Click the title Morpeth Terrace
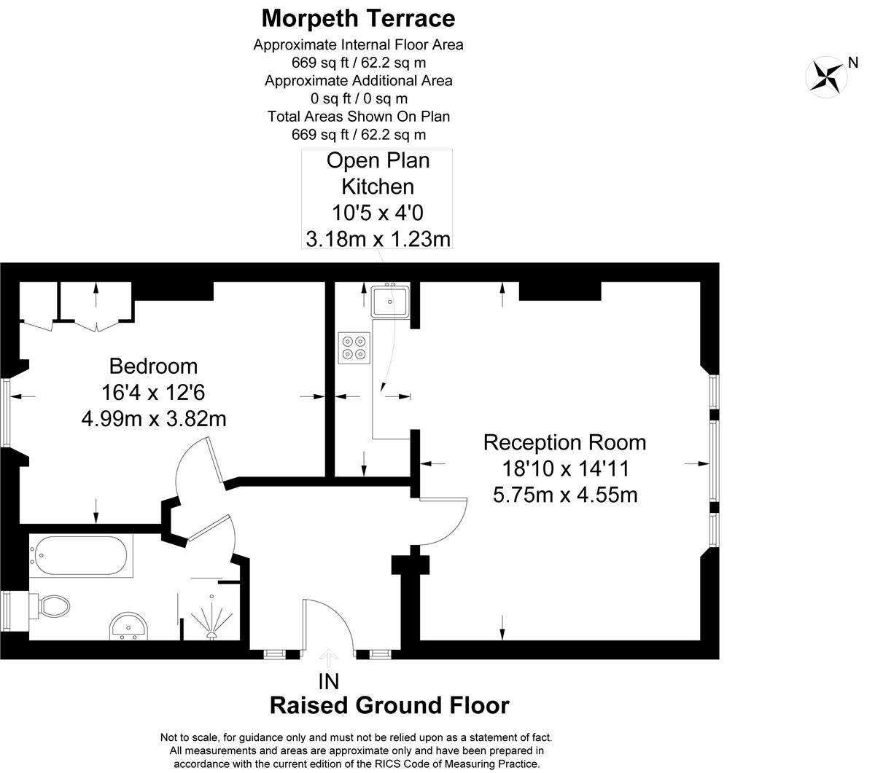pyautogui.click(x=358, y=18)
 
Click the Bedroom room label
pyautogui.click(x=153, y=366)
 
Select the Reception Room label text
pyautogui.click(x=564, y=442)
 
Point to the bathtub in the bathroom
pyautogui.click(x=81, y=555)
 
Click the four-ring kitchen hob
pyautogui.click(x=354, y=348)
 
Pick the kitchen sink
pyautogui.click(x=390, y=301)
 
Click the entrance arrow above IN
pyautogui.click(x=329, y=658)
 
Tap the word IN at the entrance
pyautogui.click(x=329, y=682)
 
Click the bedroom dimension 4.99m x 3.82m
pyautogui.click(x=154, y=419)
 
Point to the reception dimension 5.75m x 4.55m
pyautogui.click(x=565, y=495)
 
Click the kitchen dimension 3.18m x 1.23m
pyautogui.click(x=378, y=239)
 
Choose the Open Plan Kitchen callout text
pyautogui.click(x=378, y=173)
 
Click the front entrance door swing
pyautogui.click(x=329, y=618)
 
